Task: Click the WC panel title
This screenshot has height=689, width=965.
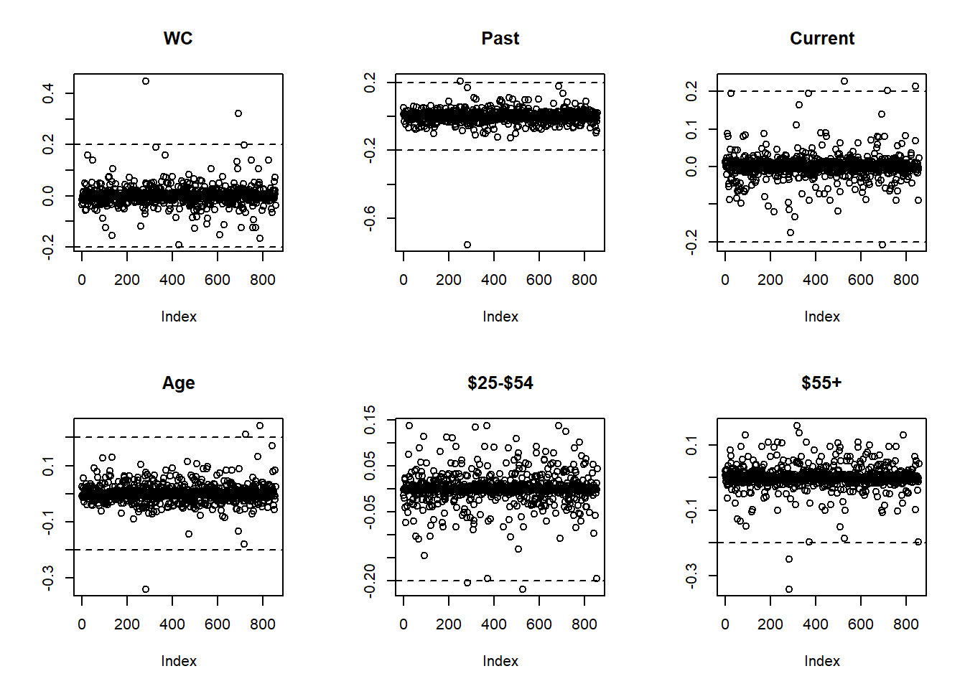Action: point(178,39)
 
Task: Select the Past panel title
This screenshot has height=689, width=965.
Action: point(500,39)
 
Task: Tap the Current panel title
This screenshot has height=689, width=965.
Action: point(821,39)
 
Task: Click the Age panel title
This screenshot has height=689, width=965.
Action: point(178,383)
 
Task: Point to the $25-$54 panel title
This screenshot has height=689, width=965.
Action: point(500,383)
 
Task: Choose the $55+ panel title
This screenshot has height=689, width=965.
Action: point(821,383)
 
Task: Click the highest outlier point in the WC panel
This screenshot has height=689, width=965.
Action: point(146,81)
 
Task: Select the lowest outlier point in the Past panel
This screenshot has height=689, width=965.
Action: point(467,245)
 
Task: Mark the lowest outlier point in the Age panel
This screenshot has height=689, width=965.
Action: point(146,589)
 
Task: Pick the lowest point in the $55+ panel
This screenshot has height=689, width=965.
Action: point(789,589)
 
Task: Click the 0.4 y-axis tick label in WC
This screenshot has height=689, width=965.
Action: point(48,93)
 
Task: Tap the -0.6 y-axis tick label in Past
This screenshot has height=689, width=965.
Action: point(370,217)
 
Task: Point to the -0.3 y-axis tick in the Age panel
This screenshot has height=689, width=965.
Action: point(48,578)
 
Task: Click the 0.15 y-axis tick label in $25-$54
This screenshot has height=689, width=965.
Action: point(370,419)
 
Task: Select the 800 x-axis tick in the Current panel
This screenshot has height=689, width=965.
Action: point(905,280)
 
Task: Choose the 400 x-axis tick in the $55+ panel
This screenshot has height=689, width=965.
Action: point(815,624)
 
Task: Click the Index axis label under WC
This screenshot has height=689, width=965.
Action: point(178,317)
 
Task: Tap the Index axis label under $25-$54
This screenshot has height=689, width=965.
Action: point(500,661)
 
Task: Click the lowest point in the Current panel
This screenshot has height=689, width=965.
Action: point(882,245)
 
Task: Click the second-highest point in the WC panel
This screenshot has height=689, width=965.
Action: point(238,113)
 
